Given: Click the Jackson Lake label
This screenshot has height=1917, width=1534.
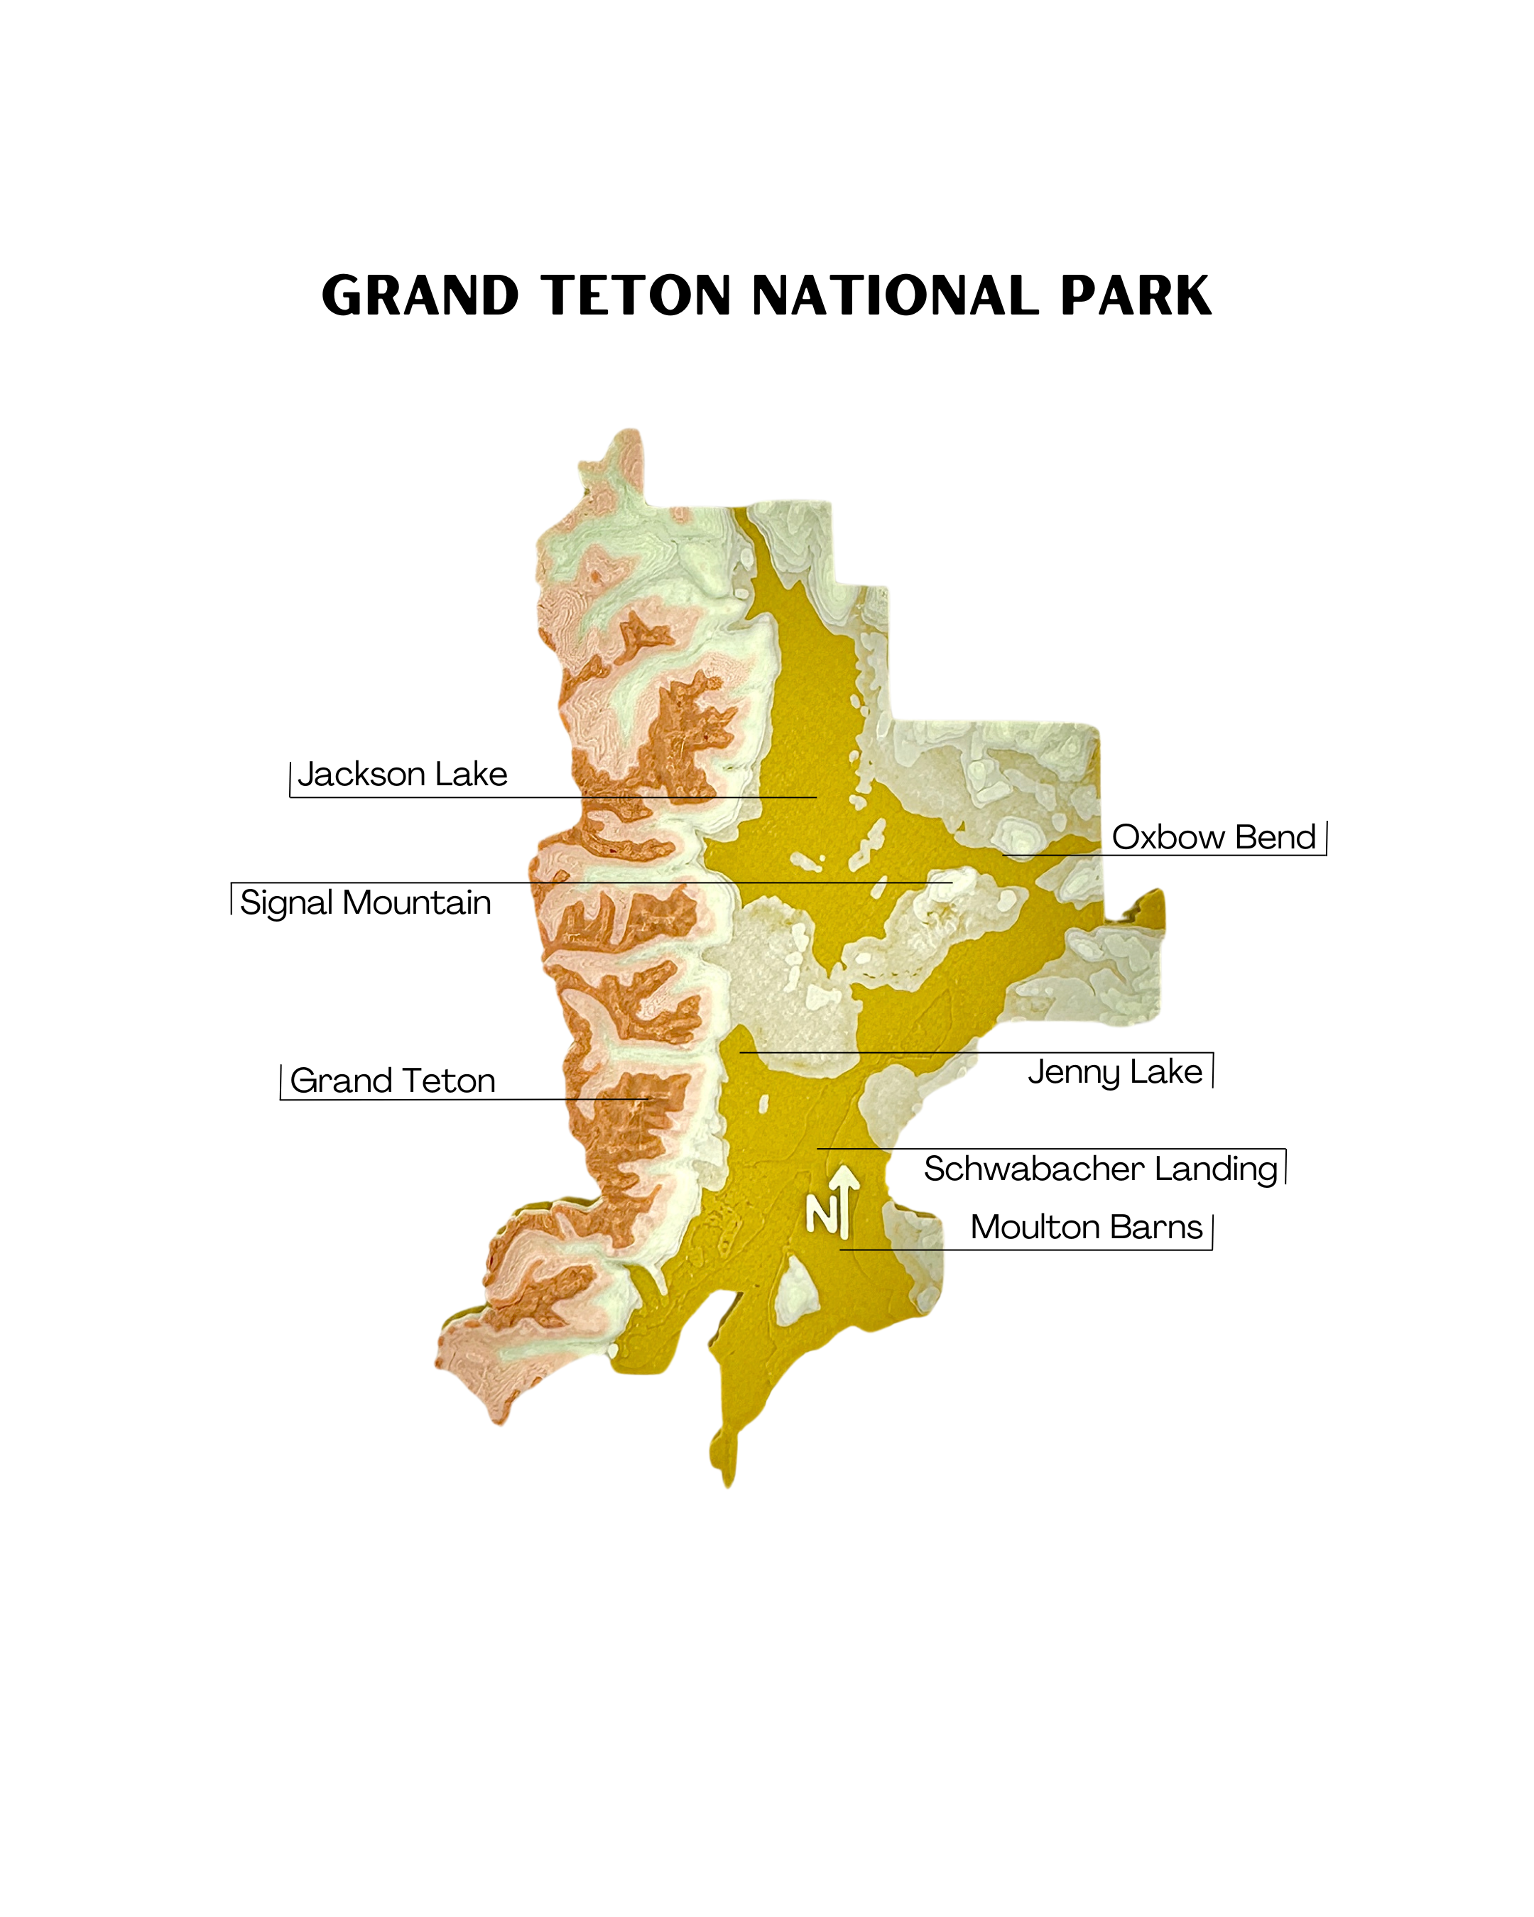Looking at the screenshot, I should [x=402, y=775].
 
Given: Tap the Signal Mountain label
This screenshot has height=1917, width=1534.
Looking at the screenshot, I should [x=366, y=902].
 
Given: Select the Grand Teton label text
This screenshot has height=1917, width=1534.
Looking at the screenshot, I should [x=392, y=1081].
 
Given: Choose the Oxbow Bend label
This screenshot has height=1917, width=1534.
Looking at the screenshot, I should [x=1213, y=838].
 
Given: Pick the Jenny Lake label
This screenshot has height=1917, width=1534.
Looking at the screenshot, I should [x=1115, y=1071].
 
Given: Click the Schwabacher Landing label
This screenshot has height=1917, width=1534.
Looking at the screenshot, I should [x=1100, y=1169].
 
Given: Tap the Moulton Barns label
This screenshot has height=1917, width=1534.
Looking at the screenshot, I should [x=1086, y=1227].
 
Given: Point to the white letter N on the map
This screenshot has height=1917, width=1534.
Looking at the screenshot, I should [x=820, y=1213].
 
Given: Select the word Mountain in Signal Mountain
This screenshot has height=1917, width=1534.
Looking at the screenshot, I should [x=416, y=902].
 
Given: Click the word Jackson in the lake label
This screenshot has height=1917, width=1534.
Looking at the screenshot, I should [x=361, y=775].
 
